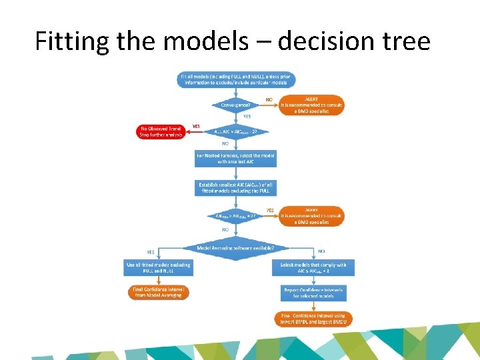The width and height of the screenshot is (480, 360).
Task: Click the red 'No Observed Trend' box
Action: pos(161,131)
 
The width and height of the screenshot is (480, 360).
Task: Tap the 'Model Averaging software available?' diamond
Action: pos(235,248)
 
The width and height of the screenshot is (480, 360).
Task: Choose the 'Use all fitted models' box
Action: pos(158,267)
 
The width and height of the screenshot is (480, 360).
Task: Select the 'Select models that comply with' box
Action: pos(313,267)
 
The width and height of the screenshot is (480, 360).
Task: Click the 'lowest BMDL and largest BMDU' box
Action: pos(313,318)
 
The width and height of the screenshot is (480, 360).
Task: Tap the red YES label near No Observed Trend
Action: pos(196,126)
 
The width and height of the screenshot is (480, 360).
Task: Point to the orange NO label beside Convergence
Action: pos(269,100)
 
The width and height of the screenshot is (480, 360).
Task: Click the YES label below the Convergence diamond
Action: pos(246,116)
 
